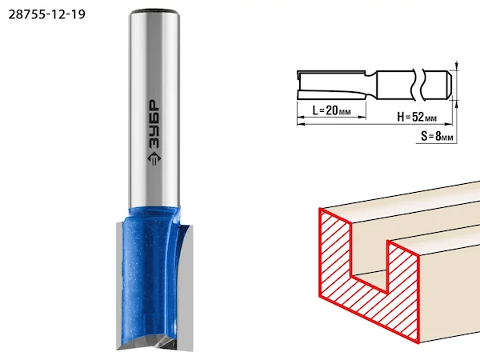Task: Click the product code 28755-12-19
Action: coord(47,14)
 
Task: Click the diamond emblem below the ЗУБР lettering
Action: coord(154,159)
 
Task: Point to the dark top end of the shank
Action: coord(154,12)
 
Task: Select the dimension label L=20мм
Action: coord(331,110)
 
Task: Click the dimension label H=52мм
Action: coord(417,117)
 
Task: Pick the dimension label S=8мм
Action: coord(437,136)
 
